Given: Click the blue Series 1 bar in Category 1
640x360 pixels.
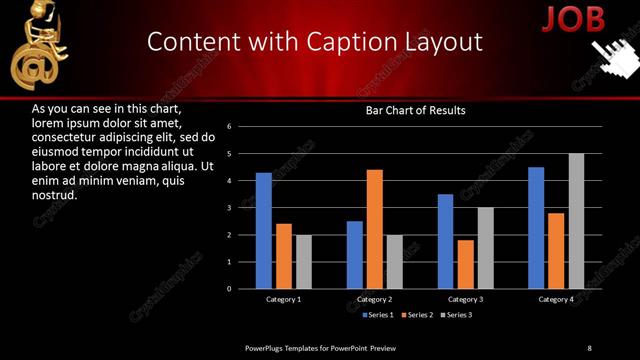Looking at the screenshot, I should coord(263,231).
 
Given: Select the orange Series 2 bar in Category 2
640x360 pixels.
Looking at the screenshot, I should coord(375,229).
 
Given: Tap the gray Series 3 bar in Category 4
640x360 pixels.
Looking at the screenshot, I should coord(576,221).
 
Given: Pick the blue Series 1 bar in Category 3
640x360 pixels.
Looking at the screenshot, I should coord(445,241).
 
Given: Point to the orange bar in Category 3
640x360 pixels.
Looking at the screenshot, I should coord(466,264).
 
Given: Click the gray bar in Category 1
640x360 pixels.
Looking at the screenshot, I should coord(304,262).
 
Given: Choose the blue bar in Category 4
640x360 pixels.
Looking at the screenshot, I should coord(536,228).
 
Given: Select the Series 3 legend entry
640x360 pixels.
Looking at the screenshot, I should coord(456,315).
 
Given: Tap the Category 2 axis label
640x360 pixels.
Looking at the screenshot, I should coord(374,299).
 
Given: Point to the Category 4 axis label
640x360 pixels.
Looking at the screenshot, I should coord(556,299).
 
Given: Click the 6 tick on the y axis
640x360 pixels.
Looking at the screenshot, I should coord(229,127).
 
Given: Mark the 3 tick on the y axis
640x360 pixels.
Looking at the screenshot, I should coord(229,208).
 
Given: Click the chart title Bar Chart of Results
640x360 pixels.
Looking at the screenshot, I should coord(414,111).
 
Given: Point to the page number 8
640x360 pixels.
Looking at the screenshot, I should coord(589,348).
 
